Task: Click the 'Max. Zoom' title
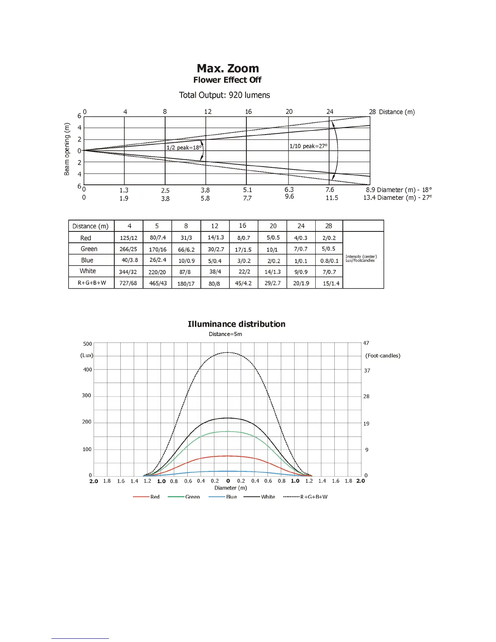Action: [x=228, y=68]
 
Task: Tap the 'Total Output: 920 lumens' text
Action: [x=224, y=95]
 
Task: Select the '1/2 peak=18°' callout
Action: [x=184, y=148]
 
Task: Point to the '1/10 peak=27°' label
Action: [x=308, y=146]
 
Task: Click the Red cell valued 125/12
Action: [x=128, y=238]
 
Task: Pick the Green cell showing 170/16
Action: [x=158, y=249]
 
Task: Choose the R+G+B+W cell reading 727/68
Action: [x=128, y=283]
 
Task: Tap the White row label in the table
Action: [x=88, y=271]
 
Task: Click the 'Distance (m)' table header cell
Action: [x=90, y=226]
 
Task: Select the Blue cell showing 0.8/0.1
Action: [x=329, y=261]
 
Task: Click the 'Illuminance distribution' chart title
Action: [x=236, y=324]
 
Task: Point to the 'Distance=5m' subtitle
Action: [x=225, y=334]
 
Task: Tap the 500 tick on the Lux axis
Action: [x=88, y=344]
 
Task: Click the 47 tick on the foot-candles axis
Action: [x=366, y=343]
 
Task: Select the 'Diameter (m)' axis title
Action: [x=231, y=488]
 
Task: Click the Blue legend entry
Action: [x=231, y=497]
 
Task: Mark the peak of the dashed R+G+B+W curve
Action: [x=228, y=353]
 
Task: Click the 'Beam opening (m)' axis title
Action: [x=67, y=149]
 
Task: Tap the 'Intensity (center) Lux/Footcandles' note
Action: [x=361, y=259]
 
